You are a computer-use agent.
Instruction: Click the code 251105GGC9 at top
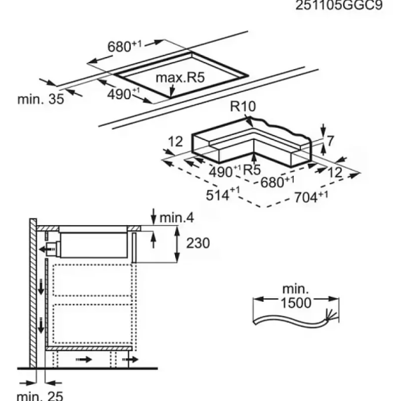[339, 5]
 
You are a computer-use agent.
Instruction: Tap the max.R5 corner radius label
[180, 77]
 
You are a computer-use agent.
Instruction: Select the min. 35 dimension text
[41, 99]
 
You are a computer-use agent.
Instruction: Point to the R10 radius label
[243, 106]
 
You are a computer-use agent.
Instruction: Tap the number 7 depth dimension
[330, 141]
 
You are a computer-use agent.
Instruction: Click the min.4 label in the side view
[176, 217]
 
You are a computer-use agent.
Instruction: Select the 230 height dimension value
[198, 243]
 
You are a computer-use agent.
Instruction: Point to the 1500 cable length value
[296, 303]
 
